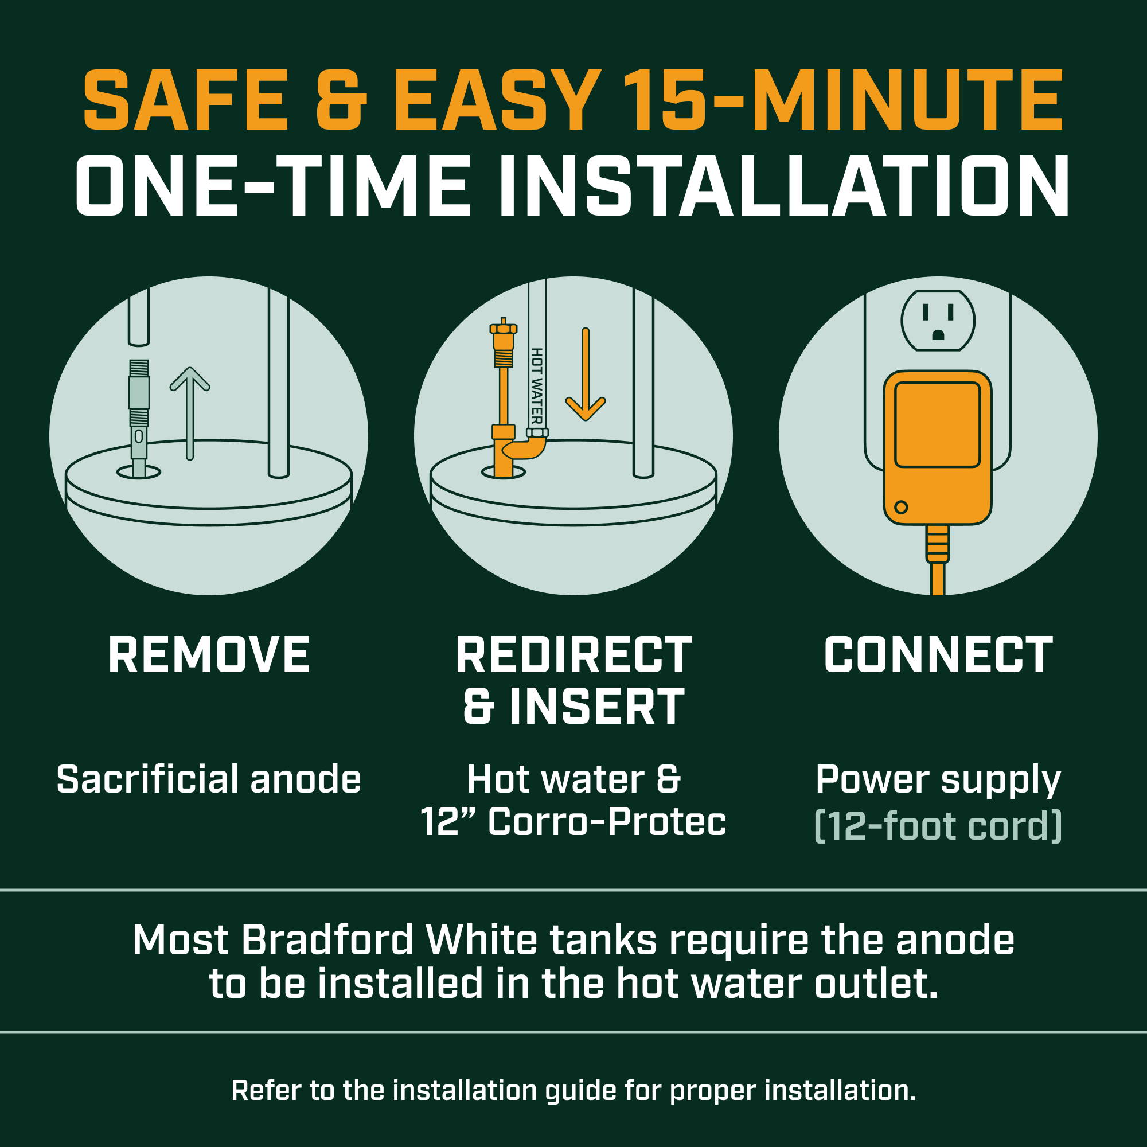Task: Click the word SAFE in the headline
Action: tap(186, 100)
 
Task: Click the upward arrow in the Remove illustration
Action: tap(190, 413)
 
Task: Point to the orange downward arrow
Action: tap(586, 374)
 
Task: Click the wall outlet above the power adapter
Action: tap(938, 321)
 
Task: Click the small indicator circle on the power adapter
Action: tap(901, 507)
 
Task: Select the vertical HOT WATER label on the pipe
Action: tap(537, 386)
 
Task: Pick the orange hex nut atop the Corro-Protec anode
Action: tap(504, 328)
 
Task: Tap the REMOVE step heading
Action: tap(209, 656)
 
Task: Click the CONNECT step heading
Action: tap(939, 656)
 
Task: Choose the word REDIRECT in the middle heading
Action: tap(574, 656)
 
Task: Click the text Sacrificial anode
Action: tap(209, 779)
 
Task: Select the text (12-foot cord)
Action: tap(939, 826)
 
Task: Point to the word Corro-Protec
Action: tap(607, 822)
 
